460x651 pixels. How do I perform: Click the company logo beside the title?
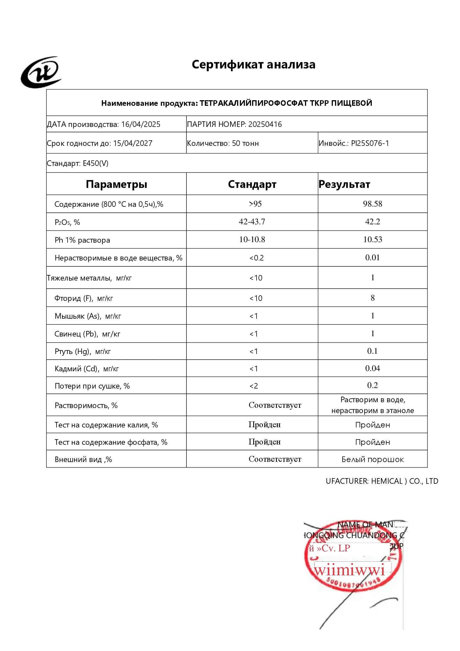tap(41, 72)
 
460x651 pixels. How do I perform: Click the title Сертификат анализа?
tap(254, 65)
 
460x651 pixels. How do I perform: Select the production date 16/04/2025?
tap(141, 124)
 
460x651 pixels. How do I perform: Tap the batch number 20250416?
tap(265, 124)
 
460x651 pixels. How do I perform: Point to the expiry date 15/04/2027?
tap(133, 143)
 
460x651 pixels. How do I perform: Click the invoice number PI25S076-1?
tap(370, 143)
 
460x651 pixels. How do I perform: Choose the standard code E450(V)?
tap(95, 163)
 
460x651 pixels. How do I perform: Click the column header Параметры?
tap(117, 184)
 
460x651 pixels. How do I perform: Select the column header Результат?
tap(344, 184)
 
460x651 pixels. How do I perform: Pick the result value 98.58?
tap(372, 204)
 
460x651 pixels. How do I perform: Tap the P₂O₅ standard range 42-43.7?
tap(252, 222)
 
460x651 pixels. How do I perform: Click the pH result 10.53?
tap(372, 240)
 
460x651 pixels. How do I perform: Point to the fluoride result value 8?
tap(372, 298)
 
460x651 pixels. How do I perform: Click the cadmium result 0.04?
tap(372, 368)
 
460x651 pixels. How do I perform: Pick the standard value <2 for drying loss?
tap(254, 386)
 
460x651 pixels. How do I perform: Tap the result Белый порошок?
tap(372, 459)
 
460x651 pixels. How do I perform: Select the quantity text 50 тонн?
tap(245, 143)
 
